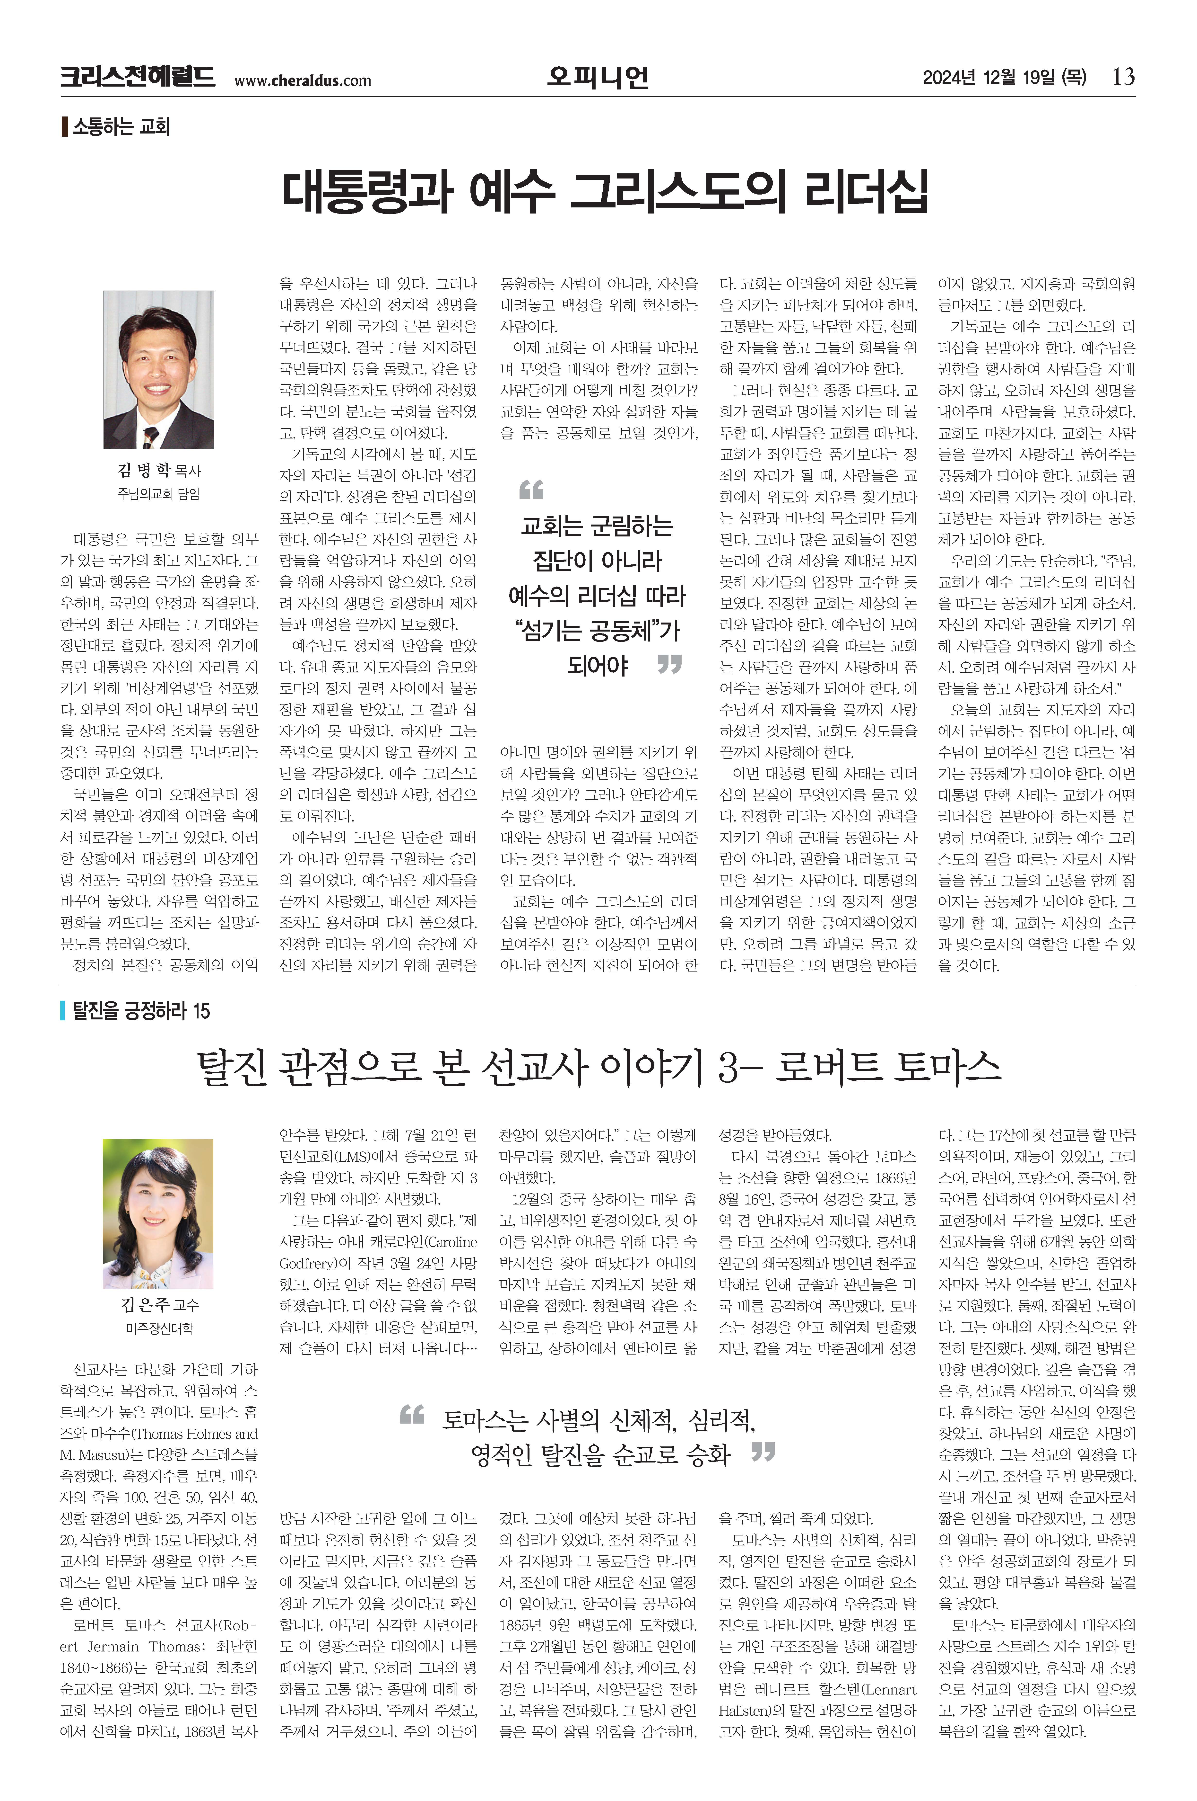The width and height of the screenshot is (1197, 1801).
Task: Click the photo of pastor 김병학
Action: [159, 369]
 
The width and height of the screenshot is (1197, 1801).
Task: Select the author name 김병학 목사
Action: [159, 470]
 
